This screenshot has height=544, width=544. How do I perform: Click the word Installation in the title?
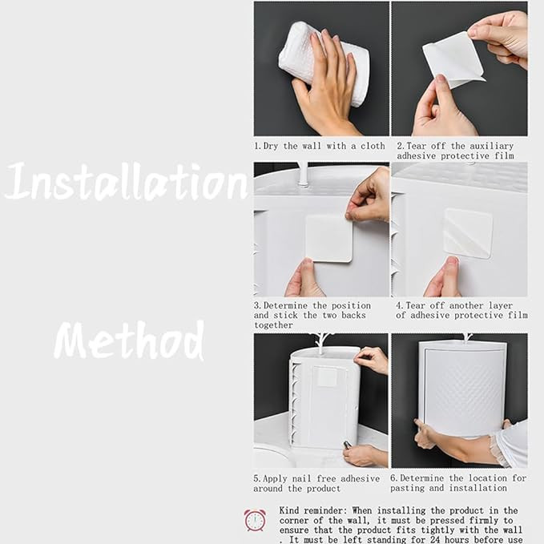127,181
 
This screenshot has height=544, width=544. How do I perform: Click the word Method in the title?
129,340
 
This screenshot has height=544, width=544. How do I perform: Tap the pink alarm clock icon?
255,520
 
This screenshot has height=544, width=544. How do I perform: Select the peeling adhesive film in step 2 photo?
453,59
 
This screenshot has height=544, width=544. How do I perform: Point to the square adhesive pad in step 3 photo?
328,238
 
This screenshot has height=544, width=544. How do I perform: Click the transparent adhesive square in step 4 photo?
468,233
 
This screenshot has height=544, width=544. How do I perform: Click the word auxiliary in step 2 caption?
492,146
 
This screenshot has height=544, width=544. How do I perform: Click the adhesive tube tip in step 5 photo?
345,445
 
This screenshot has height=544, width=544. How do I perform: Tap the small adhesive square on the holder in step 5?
326,377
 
